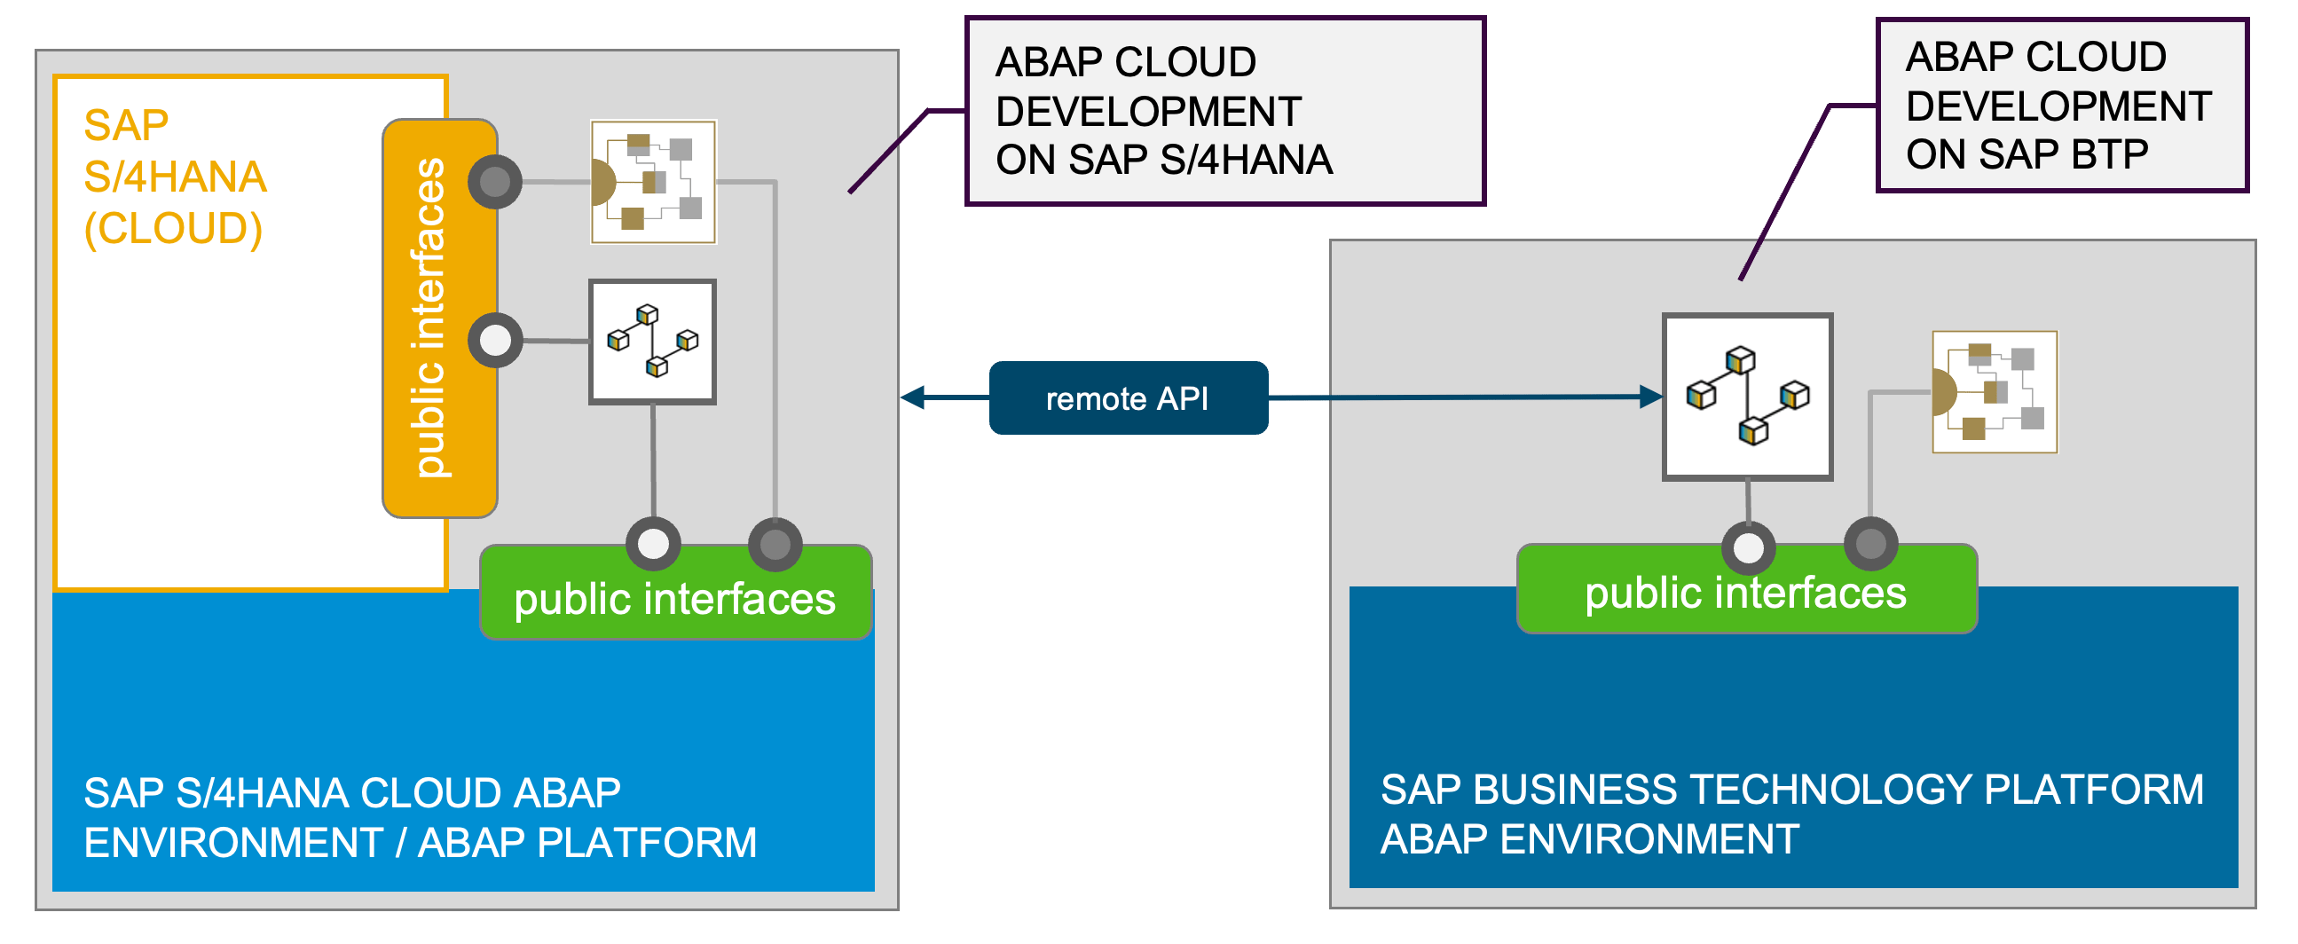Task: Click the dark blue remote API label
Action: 1128,398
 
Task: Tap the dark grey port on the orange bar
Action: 495,182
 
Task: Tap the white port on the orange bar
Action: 495,340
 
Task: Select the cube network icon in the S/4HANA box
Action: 652,341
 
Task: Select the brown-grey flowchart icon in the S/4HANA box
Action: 653,182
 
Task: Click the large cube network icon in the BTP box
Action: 1747,397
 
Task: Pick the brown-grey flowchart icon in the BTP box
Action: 1994,391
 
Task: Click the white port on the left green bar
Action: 653,543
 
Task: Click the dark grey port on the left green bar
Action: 775,544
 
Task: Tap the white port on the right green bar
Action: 1748,547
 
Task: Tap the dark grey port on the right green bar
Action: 1869,543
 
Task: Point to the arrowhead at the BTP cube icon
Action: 1651,397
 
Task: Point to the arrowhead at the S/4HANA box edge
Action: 913,398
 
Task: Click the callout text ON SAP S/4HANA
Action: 1163,161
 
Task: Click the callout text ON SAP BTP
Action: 2026,155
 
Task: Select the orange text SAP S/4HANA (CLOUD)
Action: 175,177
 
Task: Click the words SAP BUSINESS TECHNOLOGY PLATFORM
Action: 1791,790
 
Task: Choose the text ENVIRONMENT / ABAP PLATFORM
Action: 420,842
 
